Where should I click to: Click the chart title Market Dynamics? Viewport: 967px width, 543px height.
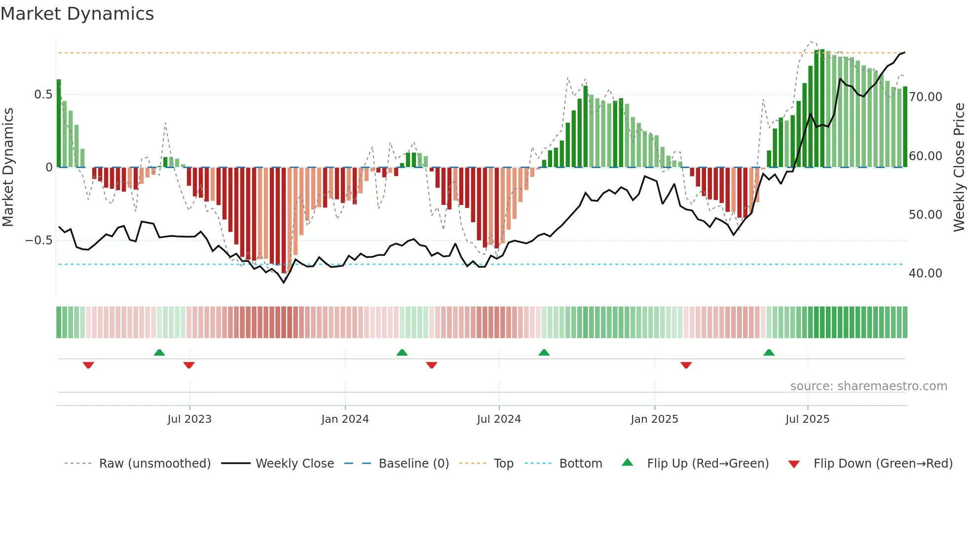point(77,14)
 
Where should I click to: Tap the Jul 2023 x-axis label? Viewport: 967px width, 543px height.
point(189,419)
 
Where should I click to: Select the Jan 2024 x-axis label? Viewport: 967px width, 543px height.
point(345,419)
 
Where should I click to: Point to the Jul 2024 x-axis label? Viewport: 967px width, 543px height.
point(499,419)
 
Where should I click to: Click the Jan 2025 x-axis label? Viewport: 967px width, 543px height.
point(654,419)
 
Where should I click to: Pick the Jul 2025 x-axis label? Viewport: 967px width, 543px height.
point(807,419)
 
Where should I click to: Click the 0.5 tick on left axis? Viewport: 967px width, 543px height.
point(43,95)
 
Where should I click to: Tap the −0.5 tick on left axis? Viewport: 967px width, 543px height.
point(38,240)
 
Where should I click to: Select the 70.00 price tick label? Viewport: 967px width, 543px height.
point(926,97)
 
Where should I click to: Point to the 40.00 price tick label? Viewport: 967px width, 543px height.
point(926,273)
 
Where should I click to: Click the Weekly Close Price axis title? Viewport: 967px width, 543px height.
point(959,168)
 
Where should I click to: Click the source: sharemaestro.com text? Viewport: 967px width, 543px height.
point(868,386)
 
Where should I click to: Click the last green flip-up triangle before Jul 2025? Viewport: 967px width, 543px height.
point(769,353)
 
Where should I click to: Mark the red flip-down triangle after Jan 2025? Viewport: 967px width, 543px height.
point(686,365)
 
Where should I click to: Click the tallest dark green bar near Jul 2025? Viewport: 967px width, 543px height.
point(822,108)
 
